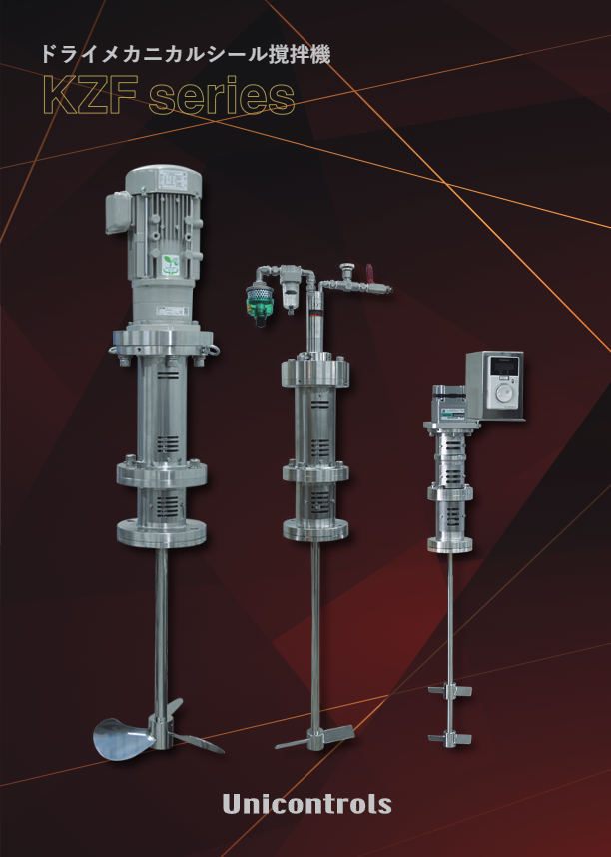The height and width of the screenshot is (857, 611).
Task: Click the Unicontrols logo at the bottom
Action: pos(306,804)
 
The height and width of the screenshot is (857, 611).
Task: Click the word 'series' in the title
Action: pos(222,96)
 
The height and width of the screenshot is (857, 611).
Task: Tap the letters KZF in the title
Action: pos(90,96)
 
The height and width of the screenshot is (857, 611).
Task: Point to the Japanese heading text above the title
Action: pos(186,55)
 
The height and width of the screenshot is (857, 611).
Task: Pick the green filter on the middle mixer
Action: pos(259,303)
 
